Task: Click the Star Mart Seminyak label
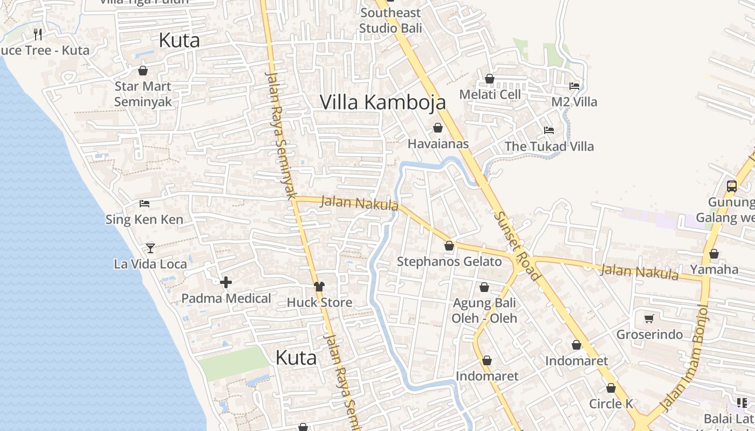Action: coord(143,94)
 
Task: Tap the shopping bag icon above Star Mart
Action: coord(143,71)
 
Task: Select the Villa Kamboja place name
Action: coord(383,102)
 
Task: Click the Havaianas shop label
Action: coord(438,144)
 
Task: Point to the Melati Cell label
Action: coord(490,94)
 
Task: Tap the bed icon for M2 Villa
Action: coord(574,86)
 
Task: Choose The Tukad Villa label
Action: coord(549,146)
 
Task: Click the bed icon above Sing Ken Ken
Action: coord(145,204)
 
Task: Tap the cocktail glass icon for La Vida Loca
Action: coord(150,248)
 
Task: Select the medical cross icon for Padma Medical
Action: coord(226,282)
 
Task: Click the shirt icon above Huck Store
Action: coord(319,286)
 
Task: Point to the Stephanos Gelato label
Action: coord(449,262)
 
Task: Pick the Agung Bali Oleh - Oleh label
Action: coord(484,310)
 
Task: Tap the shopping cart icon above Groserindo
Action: coord(649,318)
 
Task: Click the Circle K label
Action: coord(611,404)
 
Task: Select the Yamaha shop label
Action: coord(714,269)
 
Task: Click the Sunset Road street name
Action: coord(517,245)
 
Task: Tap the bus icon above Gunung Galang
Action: coord(732,186)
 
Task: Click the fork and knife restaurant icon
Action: coord(37,34)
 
